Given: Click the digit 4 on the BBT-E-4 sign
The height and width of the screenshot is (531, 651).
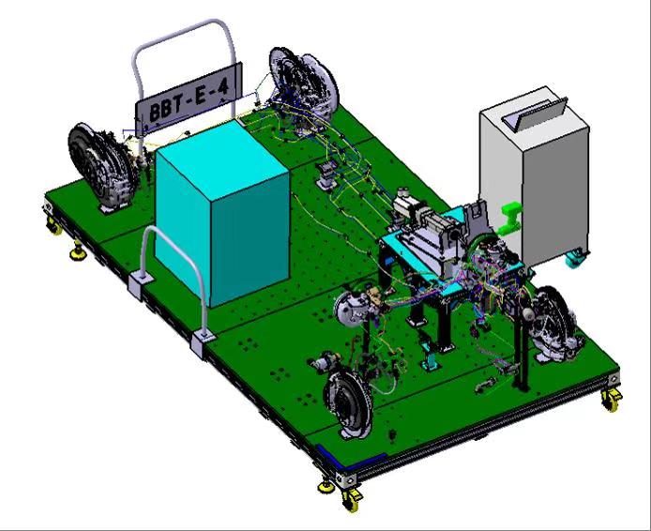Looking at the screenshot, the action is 223,88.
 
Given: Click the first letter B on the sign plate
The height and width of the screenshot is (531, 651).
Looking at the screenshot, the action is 155,113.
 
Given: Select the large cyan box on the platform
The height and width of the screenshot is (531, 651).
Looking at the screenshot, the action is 222,214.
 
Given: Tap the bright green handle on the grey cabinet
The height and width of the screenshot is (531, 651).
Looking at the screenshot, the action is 509,219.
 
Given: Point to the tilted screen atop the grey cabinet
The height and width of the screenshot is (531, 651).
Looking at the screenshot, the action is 536,114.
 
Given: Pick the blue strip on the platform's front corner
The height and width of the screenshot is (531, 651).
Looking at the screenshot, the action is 350,454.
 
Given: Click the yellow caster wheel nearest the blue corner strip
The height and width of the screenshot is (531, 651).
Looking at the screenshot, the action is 351,499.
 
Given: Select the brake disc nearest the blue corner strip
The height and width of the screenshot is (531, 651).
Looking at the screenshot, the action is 349,403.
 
